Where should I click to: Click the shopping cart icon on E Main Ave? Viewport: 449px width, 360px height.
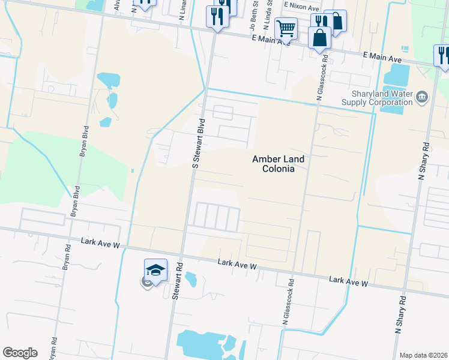(x=286, y=28)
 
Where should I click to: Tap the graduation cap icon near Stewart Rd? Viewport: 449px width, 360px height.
(x=155, y=270)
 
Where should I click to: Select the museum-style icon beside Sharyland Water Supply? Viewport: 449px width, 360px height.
(x=422, y=97)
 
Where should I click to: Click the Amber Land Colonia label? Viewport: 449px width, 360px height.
(x=278, y=164)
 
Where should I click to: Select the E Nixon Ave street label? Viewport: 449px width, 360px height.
(x=302, y=7)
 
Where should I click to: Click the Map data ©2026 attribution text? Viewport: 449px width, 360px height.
(x=424, y=355)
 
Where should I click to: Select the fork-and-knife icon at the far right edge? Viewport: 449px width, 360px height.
(x=442, y=55)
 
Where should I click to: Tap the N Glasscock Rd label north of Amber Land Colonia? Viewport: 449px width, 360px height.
(x=321, y=77)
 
